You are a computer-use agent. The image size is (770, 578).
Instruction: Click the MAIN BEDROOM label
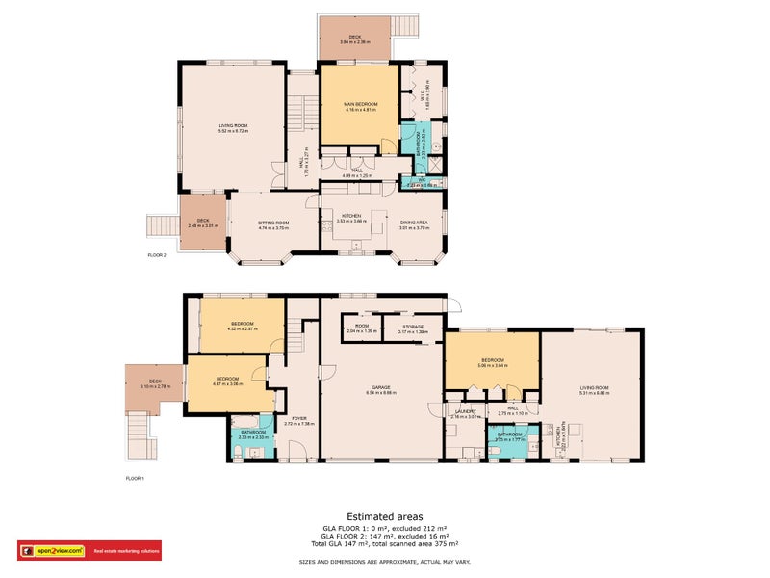click(359, 104)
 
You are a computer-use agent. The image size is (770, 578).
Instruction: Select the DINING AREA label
click(415, 223)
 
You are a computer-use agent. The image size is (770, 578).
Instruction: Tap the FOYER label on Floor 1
click(299, 418)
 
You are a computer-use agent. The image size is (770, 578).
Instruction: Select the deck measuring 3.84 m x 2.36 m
click(355, 39)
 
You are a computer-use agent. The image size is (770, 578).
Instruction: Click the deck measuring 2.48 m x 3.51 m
click(203, 222)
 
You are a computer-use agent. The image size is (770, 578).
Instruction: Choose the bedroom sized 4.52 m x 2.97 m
click(242, 324)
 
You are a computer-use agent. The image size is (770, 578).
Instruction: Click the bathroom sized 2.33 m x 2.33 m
click(253, 433)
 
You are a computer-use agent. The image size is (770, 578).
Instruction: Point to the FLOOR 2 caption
click(157, 255)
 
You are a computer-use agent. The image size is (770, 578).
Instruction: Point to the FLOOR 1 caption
click(135, 478)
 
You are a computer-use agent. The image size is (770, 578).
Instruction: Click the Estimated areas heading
click(384, 516)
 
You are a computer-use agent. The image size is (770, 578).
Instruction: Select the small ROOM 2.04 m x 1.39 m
click(361, 327)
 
